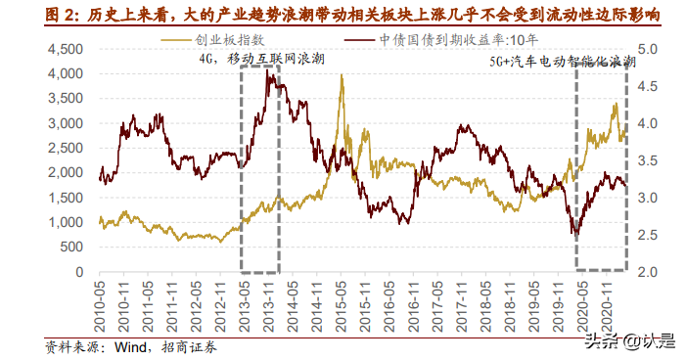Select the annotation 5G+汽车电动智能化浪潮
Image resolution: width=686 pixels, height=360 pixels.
point(562,61)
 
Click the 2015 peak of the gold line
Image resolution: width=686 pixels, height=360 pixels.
point(342,76)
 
